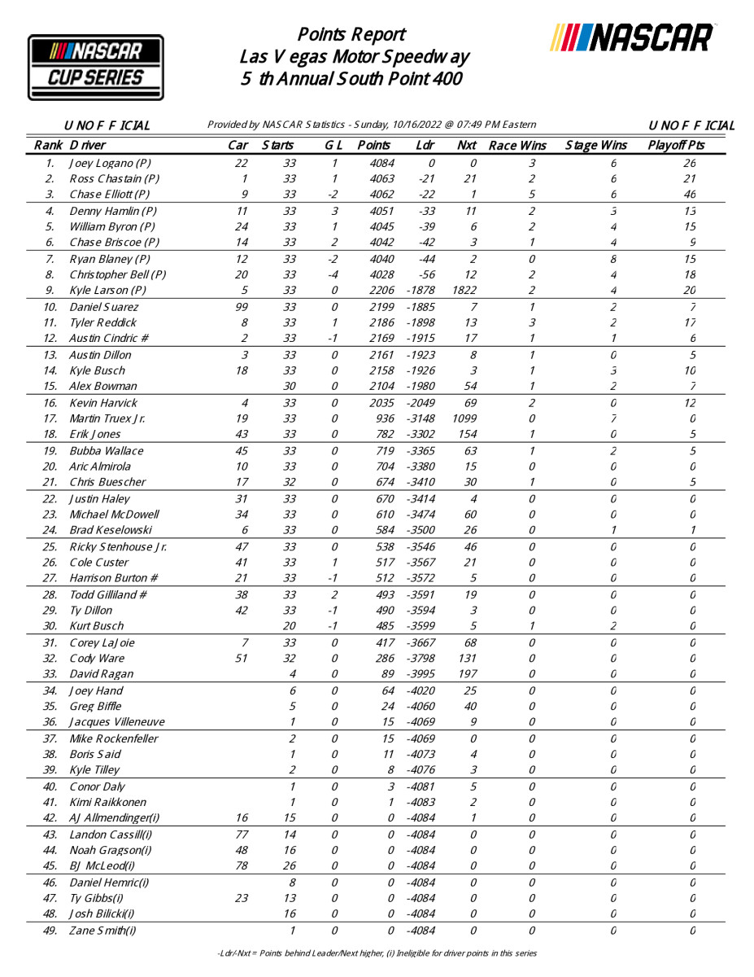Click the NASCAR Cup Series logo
96,67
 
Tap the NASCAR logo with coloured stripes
633,37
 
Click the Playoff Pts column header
676,146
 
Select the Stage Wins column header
596,146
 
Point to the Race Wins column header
517,146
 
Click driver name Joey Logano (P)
110,163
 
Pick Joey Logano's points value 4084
380,163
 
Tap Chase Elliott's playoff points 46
690,195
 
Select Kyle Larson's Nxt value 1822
469,290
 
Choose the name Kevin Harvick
103,402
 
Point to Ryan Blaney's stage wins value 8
613,259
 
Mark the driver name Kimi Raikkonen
108,802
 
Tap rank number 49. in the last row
50,931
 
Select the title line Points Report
351,35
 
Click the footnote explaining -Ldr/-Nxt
377,953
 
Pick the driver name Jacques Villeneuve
117,722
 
